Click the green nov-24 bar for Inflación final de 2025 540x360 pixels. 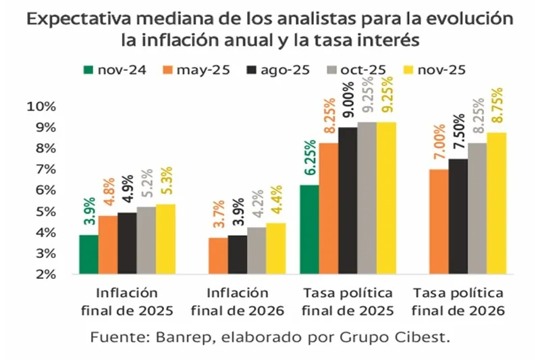(88, 255)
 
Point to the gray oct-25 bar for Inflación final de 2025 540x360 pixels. (146, 240)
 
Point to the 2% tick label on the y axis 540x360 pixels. (45, 274)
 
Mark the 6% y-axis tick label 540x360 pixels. (45, 190)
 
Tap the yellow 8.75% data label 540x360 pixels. (497, 108)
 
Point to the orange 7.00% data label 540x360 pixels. (440, 145)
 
